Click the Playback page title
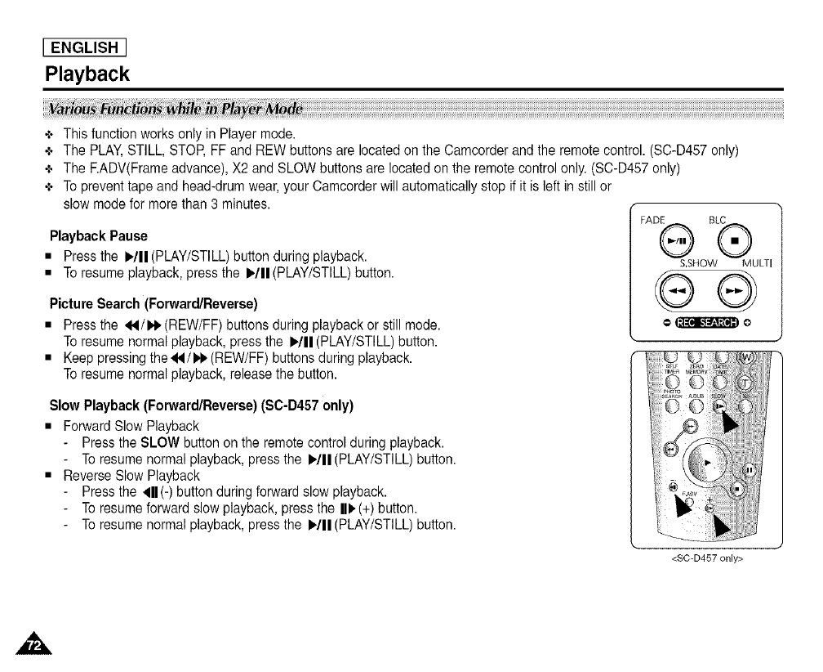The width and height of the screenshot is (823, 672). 87,74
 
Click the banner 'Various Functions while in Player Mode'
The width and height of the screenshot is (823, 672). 175,110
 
